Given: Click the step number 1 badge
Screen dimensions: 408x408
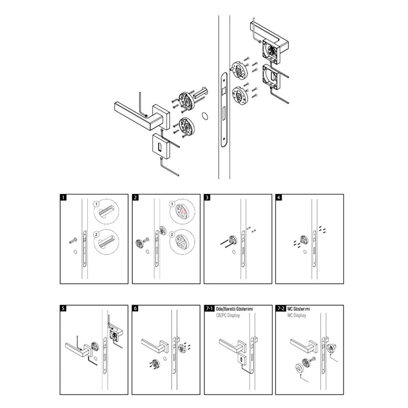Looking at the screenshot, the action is [x=63, y=197].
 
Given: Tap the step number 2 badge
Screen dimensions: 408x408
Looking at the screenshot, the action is [x=135, y=197].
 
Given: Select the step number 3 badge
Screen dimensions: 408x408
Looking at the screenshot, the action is [x=207, y=197].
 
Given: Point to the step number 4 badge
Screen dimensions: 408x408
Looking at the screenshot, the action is [x=279, y=197].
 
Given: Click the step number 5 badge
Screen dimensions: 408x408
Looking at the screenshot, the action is [x=63, y=308].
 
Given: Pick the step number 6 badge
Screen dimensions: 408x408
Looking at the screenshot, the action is [x=135, y=308].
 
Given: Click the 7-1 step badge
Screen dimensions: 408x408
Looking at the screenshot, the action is [x=209, y=308].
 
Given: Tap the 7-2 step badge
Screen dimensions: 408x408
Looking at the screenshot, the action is [x=281, y=308].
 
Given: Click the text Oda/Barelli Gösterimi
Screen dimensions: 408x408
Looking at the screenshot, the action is [x=234, y=309].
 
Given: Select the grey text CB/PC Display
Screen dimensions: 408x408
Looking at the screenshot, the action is [x=228, y=315].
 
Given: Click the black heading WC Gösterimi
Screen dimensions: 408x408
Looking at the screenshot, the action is [x=299, y=309].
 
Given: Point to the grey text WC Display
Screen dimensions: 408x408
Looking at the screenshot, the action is [x=296, y=315].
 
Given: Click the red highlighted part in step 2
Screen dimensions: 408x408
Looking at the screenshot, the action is [x=183, y=211].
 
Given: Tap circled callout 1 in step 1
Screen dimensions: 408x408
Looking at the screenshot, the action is [x=96, y=204].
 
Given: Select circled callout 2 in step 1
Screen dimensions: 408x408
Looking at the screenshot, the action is [x=96, y=234].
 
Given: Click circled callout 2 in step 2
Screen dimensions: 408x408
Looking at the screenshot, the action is [x=172, y=234].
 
